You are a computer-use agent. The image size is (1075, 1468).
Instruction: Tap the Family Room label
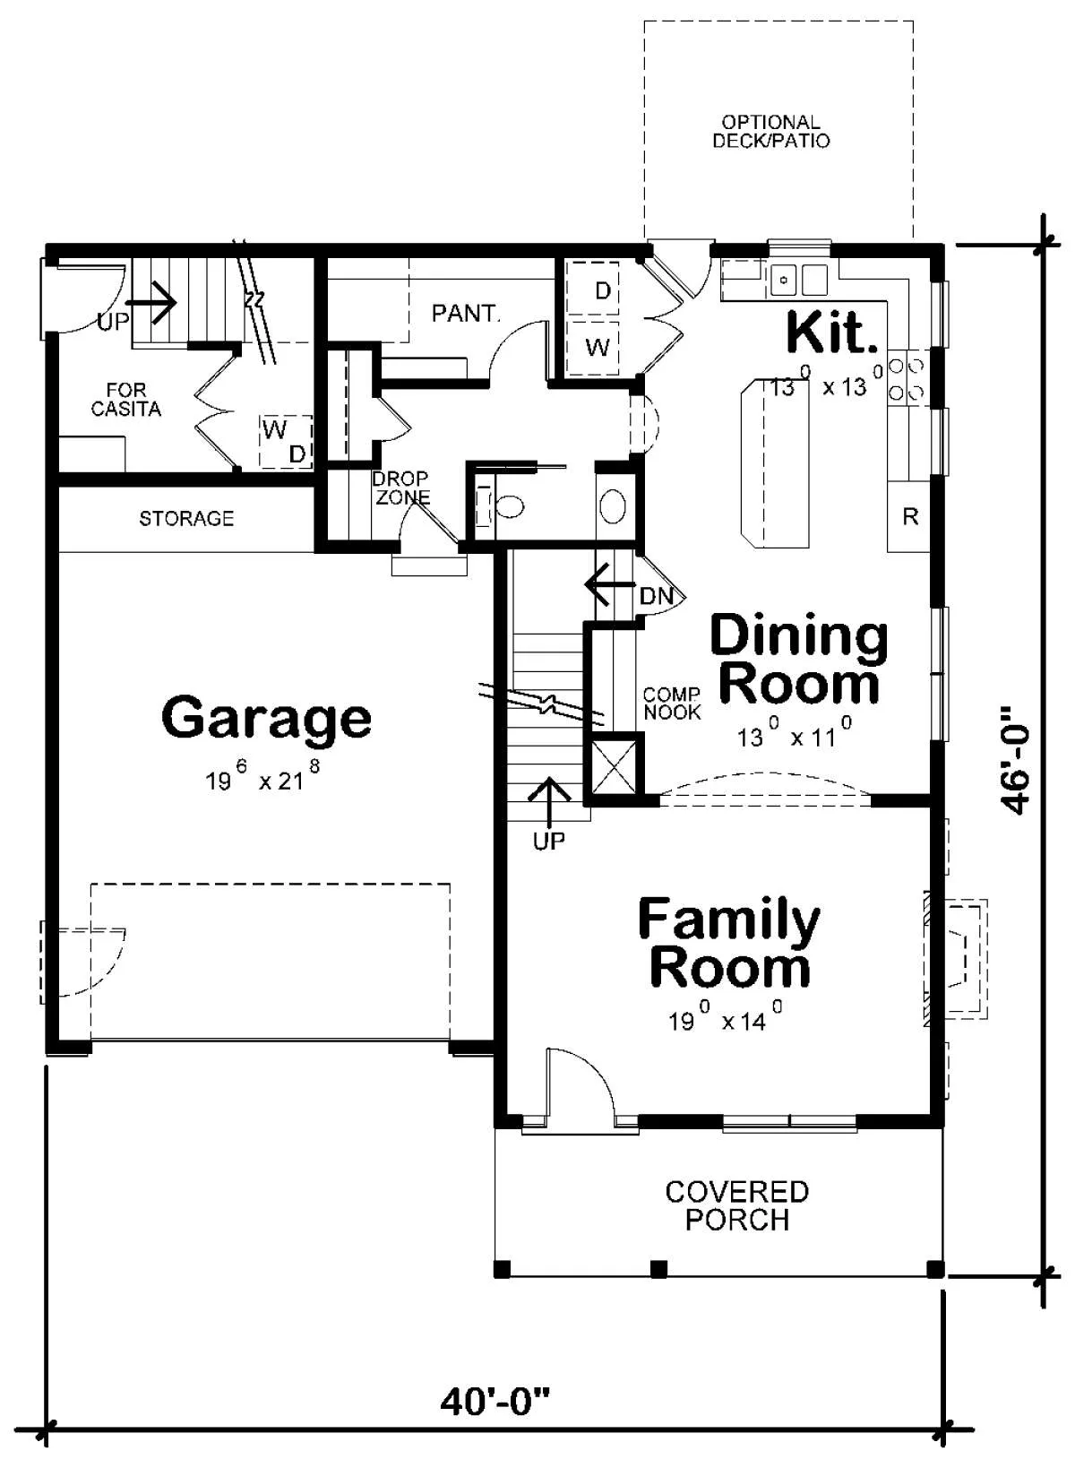(729, 944)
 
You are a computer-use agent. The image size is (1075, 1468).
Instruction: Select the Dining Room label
(800, 659)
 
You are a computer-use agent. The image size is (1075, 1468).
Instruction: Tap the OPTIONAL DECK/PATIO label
(771, 131)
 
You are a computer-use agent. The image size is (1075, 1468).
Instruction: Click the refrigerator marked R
(909, 516)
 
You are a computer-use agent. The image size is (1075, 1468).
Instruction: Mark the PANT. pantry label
(466, 314)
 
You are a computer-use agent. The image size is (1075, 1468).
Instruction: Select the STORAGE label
(186, 519)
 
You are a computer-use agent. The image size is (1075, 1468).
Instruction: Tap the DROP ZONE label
(401, 488)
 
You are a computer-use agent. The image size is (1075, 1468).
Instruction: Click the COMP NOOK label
(672, 704)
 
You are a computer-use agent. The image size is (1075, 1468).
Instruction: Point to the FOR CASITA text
(125, 400)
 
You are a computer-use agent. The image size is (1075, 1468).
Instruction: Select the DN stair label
(657, 596)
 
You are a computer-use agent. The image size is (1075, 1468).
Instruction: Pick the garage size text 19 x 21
(263, 777)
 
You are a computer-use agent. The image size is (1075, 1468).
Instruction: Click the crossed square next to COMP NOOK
(613, 767)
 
